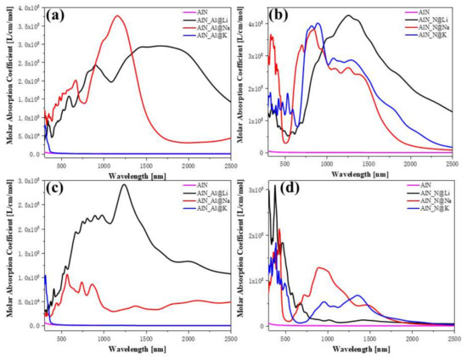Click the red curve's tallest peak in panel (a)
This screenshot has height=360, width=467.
(x=118, y=16)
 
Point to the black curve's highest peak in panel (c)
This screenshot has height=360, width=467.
(x=124, y=185)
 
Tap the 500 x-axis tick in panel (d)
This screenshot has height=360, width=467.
(x=285, y=337)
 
